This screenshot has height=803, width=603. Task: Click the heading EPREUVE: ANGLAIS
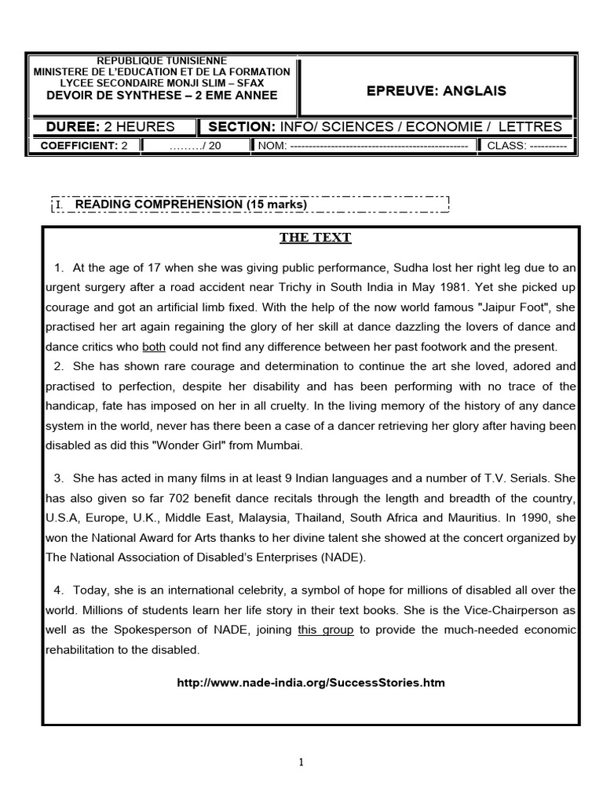437,91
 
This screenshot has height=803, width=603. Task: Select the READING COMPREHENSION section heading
190,205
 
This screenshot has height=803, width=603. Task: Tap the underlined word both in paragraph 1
154,346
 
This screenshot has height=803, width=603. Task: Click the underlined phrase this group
326,630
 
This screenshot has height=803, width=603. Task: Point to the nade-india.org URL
311,682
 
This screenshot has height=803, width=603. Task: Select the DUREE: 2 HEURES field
111,127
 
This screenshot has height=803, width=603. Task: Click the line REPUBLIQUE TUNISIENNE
161,61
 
